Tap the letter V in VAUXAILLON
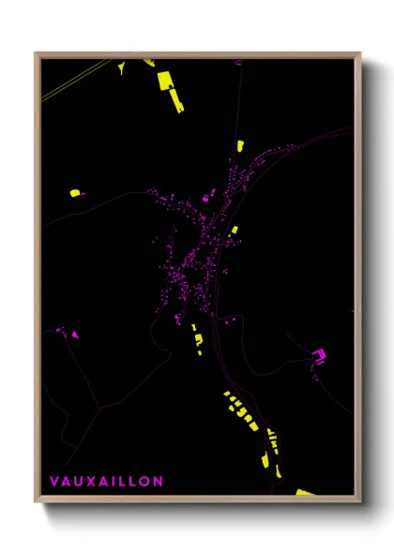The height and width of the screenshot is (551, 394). pyautogui.click(x=53, y=481)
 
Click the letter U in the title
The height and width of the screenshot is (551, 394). pyautogui.click(x=78, y=481)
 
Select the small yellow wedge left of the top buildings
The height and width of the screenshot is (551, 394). pyautogui.click(x=120, y=67)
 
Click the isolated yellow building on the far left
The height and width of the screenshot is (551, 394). pyautogui.click(x=75, y=193)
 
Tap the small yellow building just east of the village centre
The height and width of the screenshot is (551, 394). pyautogui.click(x=235, y=230)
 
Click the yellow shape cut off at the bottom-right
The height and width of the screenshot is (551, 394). pyautogui.click(x=305, y=491)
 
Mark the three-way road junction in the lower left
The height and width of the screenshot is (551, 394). pyautogui.click(x=98, y=408)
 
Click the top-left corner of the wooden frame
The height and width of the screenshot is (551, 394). pyautogui.click(x=37, y=53)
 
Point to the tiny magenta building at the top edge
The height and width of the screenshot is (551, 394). pyautogui.click(x=239, y=62)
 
